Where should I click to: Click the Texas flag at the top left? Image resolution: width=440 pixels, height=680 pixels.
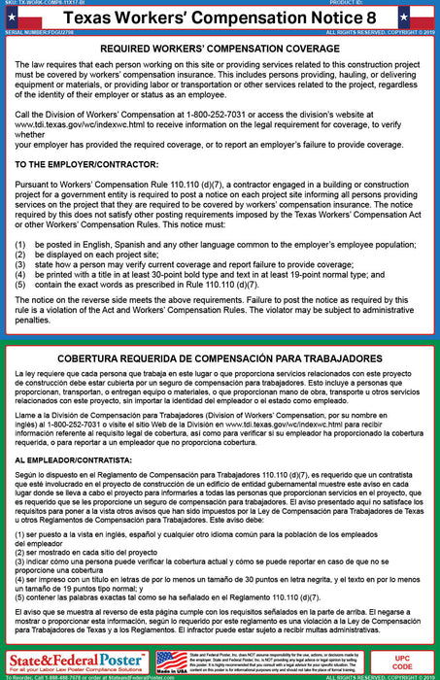point(14,18)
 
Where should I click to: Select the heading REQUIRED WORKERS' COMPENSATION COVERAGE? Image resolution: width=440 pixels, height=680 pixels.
point(220,48)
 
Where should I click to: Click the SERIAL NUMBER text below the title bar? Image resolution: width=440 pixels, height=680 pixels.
point(33,34)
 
